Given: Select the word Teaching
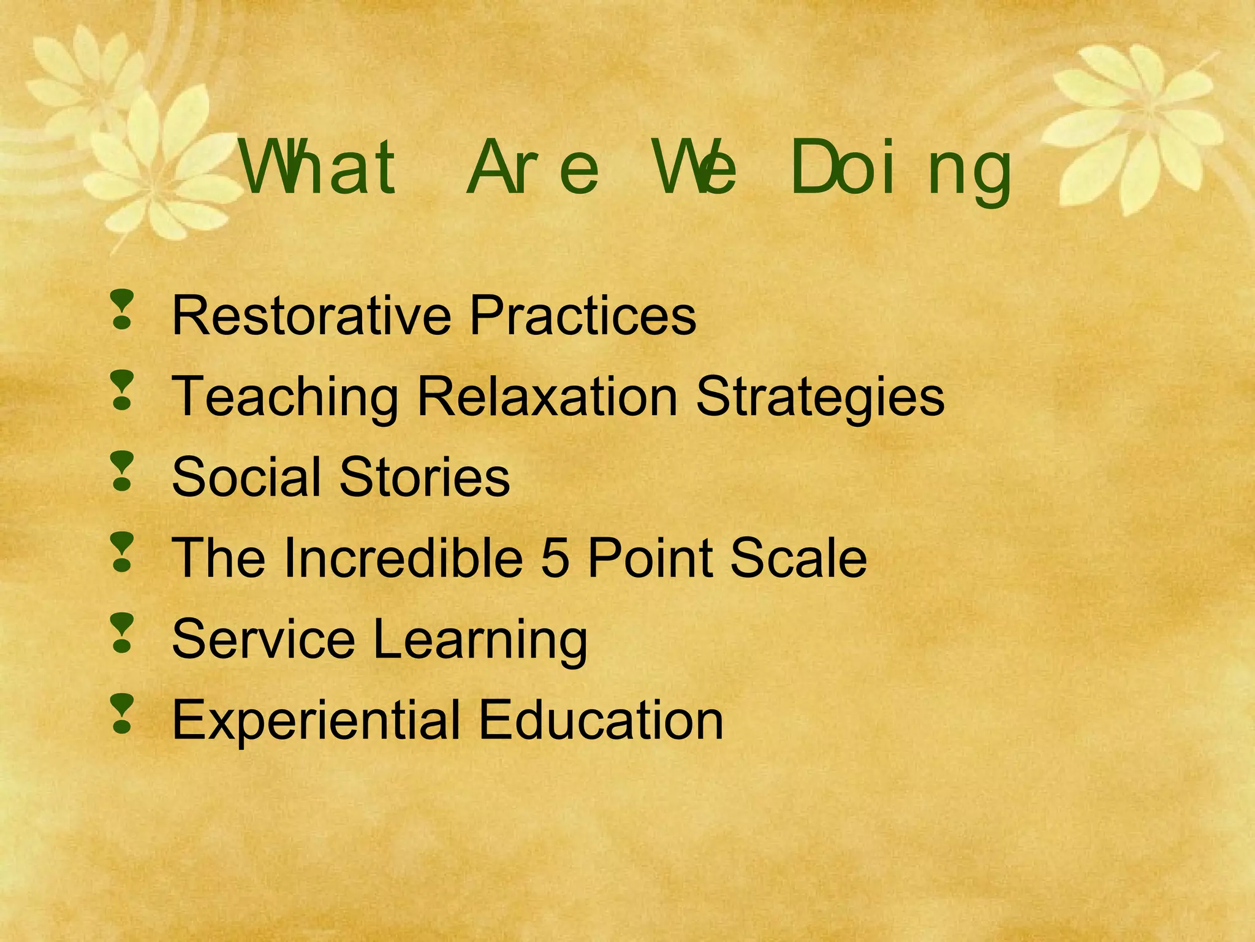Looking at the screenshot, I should [285, 397].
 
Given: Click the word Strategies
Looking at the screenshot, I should [820, 397].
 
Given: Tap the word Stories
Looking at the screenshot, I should [424, 477].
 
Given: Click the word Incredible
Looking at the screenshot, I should [403, 558].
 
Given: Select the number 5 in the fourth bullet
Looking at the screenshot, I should [555, 558].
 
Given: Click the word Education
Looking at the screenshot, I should [601, 720].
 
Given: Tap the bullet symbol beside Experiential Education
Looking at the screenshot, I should [123, 714].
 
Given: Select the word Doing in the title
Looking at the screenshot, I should [901, 169].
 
